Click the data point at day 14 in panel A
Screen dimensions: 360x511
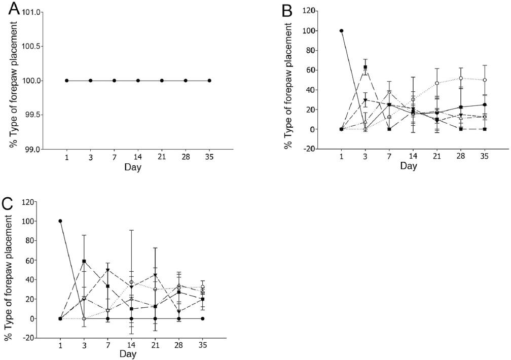tap(138, 81)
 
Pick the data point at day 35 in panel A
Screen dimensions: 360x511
tap(209, 81)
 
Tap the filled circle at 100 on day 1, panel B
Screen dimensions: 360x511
tap(341, 30)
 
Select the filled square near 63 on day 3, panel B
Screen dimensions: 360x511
tap(365, 67)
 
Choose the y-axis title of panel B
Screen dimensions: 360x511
tap(288, 80)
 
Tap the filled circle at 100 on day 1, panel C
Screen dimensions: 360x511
tap(60, 221)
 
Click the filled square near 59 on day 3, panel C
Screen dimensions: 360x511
tap(84, 261)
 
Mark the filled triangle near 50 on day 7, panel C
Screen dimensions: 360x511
tap(108, 270)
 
